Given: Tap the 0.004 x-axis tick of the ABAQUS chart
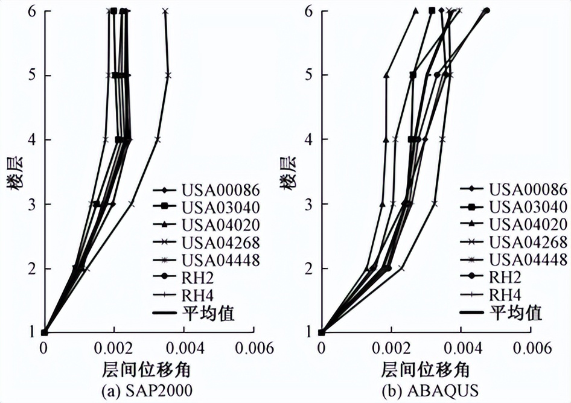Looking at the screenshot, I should [461, 349].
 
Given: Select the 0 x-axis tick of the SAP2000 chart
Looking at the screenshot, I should [43, 349].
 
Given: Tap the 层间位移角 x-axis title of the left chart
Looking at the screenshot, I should [147, 369].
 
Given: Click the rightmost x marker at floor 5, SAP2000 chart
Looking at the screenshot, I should [168, 75].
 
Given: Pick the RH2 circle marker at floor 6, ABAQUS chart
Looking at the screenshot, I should [486, 10].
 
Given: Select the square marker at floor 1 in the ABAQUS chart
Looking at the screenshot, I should [322, 332].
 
